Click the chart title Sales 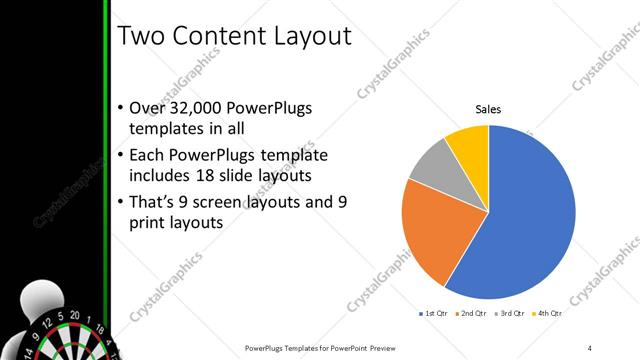488,109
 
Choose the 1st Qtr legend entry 432,313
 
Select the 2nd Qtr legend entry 473,313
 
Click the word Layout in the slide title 304,36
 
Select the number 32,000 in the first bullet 194,109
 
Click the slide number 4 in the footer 591,347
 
